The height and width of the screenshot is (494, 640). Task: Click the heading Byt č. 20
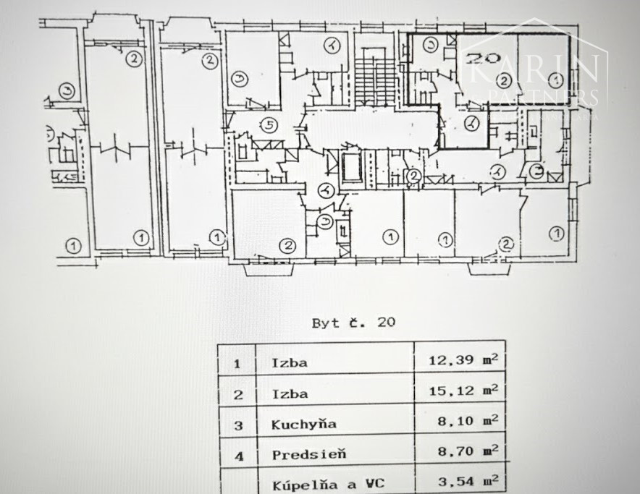click(354, 323)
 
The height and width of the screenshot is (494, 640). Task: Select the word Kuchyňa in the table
click(298, 424)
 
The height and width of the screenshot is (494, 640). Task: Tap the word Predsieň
click(298, 454)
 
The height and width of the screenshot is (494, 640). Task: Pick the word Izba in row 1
click(289, 362)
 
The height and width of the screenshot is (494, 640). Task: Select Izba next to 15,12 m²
click(289, 393)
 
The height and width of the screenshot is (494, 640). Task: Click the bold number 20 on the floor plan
click(479, 55)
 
